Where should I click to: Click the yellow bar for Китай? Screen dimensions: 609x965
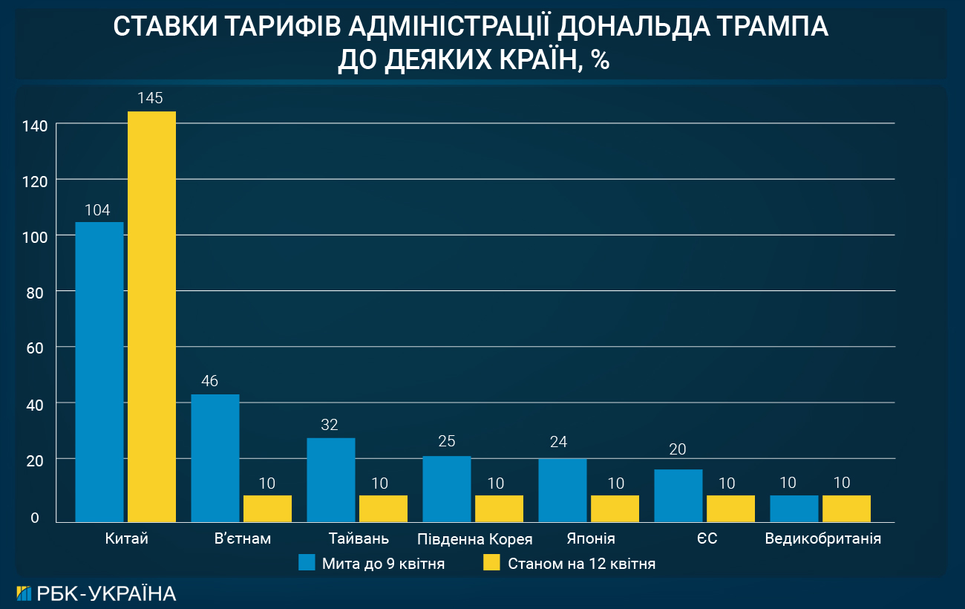click(151, 316)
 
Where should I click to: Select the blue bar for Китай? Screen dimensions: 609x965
click(99, 371)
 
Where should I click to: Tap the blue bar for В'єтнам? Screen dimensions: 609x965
click(215, 457)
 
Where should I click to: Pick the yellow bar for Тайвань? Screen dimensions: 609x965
click(383, 509)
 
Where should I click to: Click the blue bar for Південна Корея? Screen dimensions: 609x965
click(447, 489)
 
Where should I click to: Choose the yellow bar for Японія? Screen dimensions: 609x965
click(615, 509)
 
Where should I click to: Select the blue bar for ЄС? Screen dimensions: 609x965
click(678, 495)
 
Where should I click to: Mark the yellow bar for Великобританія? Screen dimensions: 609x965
click(846, 509)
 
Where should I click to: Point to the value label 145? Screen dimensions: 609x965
click(151, 98)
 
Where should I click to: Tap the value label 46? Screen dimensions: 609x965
click(209, 381)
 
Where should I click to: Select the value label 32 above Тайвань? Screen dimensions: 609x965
click(330, 425)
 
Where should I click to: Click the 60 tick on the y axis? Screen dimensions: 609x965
click(34, 348)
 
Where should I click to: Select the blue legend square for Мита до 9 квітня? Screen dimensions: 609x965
click(307, 562)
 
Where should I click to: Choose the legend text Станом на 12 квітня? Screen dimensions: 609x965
click(581, 564)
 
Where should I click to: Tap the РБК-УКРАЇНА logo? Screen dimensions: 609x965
click(96, 593)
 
